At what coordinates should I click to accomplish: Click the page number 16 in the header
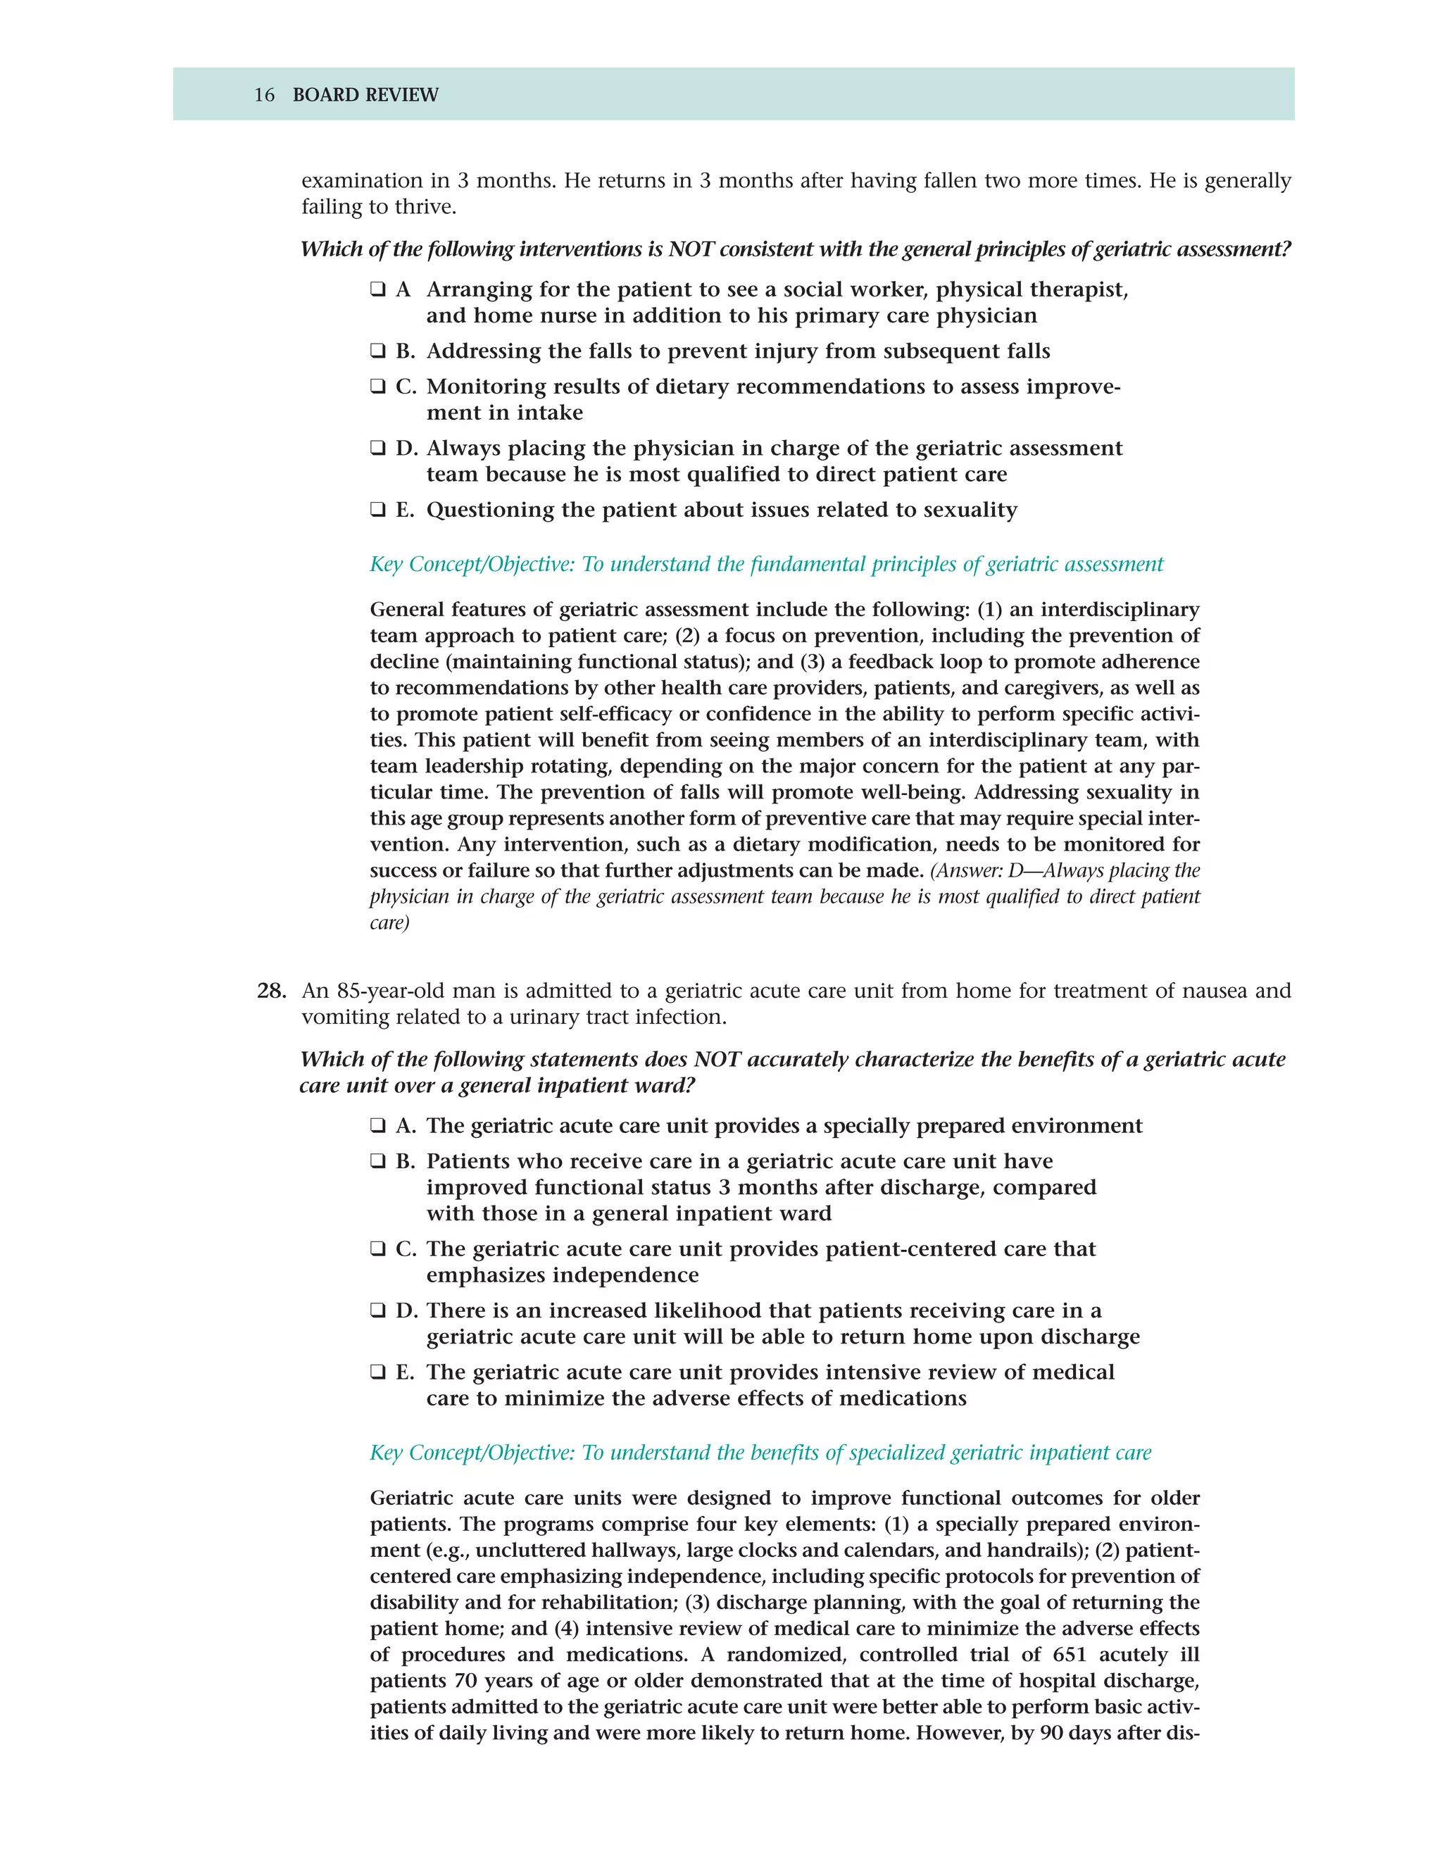point(264,95)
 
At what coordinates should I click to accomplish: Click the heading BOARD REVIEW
point(365,95)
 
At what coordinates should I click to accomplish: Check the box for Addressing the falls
point(377,351)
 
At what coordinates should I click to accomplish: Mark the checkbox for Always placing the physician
point(377,448)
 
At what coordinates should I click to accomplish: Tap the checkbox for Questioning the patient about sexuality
point(377,510)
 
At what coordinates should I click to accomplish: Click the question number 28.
point(271,991)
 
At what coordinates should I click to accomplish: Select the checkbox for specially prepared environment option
point(377,1126)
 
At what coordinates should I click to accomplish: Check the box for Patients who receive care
point(377,1161)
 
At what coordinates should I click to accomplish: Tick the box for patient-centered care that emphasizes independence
point(377,1249)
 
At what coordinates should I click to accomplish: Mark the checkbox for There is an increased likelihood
point(377,1310)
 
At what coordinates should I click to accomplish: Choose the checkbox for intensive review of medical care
point(377,1372)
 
